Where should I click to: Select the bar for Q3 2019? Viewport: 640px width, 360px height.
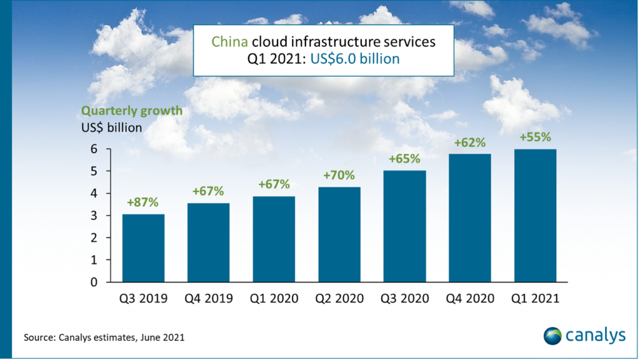143,248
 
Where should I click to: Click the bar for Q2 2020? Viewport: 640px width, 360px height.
339,234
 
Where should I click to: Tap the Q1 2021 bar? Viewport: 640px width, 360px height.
535,216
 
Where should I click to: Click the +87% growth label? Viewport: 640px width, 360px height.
143,203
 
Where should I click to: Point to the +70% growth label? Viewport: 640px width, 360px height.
339,176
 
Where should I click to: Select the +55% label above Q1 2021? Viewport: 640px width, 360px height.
535,137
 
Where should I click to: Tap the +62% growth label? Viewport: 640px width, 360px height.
469,142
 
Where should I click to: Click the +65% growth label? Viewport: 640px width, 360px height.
404,159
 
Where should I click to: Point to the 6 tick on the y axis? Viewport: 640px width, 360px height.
93,149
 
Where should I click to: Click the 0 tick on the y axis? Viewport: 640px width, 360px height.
93,282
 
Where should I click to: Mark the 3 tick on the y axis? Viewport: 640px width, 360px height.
93,216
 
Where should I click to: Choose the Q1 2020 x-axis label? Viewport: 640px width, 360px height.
274,299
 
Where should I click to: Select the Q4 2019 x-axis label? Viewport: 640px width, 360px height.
208,299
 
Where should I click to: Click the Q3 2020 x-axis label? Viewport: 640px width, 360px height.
404,299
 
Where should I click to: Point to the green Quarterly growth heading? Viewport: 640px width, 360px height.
131,111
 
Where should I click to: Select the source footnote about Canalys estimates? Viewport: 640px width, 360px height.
104,337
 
